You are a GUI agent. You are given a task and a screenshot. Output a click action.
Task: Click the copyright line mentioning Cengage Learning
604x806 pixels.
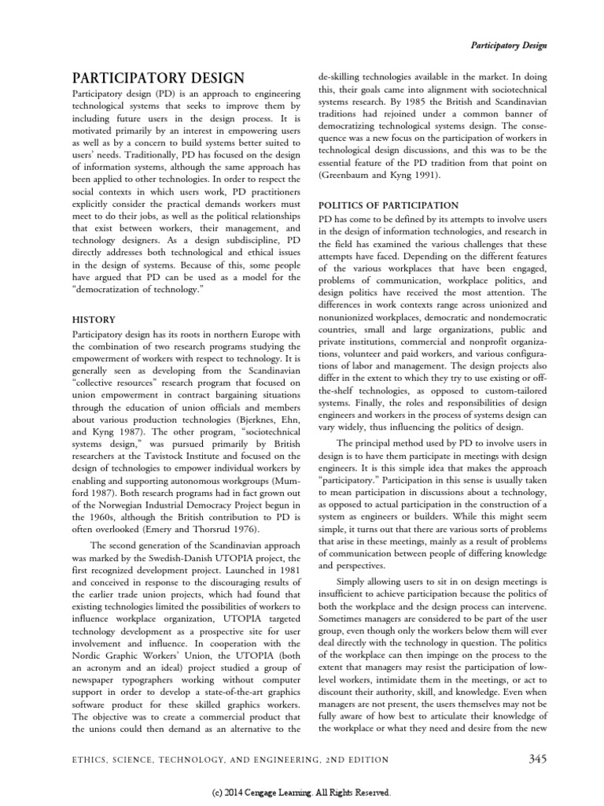[x=302, y=793]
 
